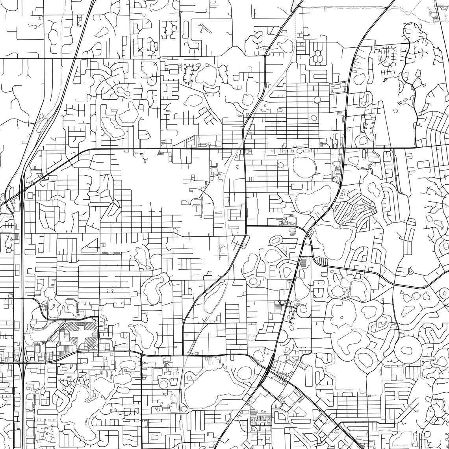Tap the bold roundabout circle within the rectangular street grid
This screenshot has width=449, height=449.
pyautogui.click(x=317, y=99)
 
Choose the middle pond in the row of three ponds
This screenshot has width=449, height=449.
pyautogui.click(x=273, y=256)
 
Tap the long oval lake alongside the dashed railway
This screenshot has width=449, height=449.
pyautogui.click(x=215, y=297)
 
